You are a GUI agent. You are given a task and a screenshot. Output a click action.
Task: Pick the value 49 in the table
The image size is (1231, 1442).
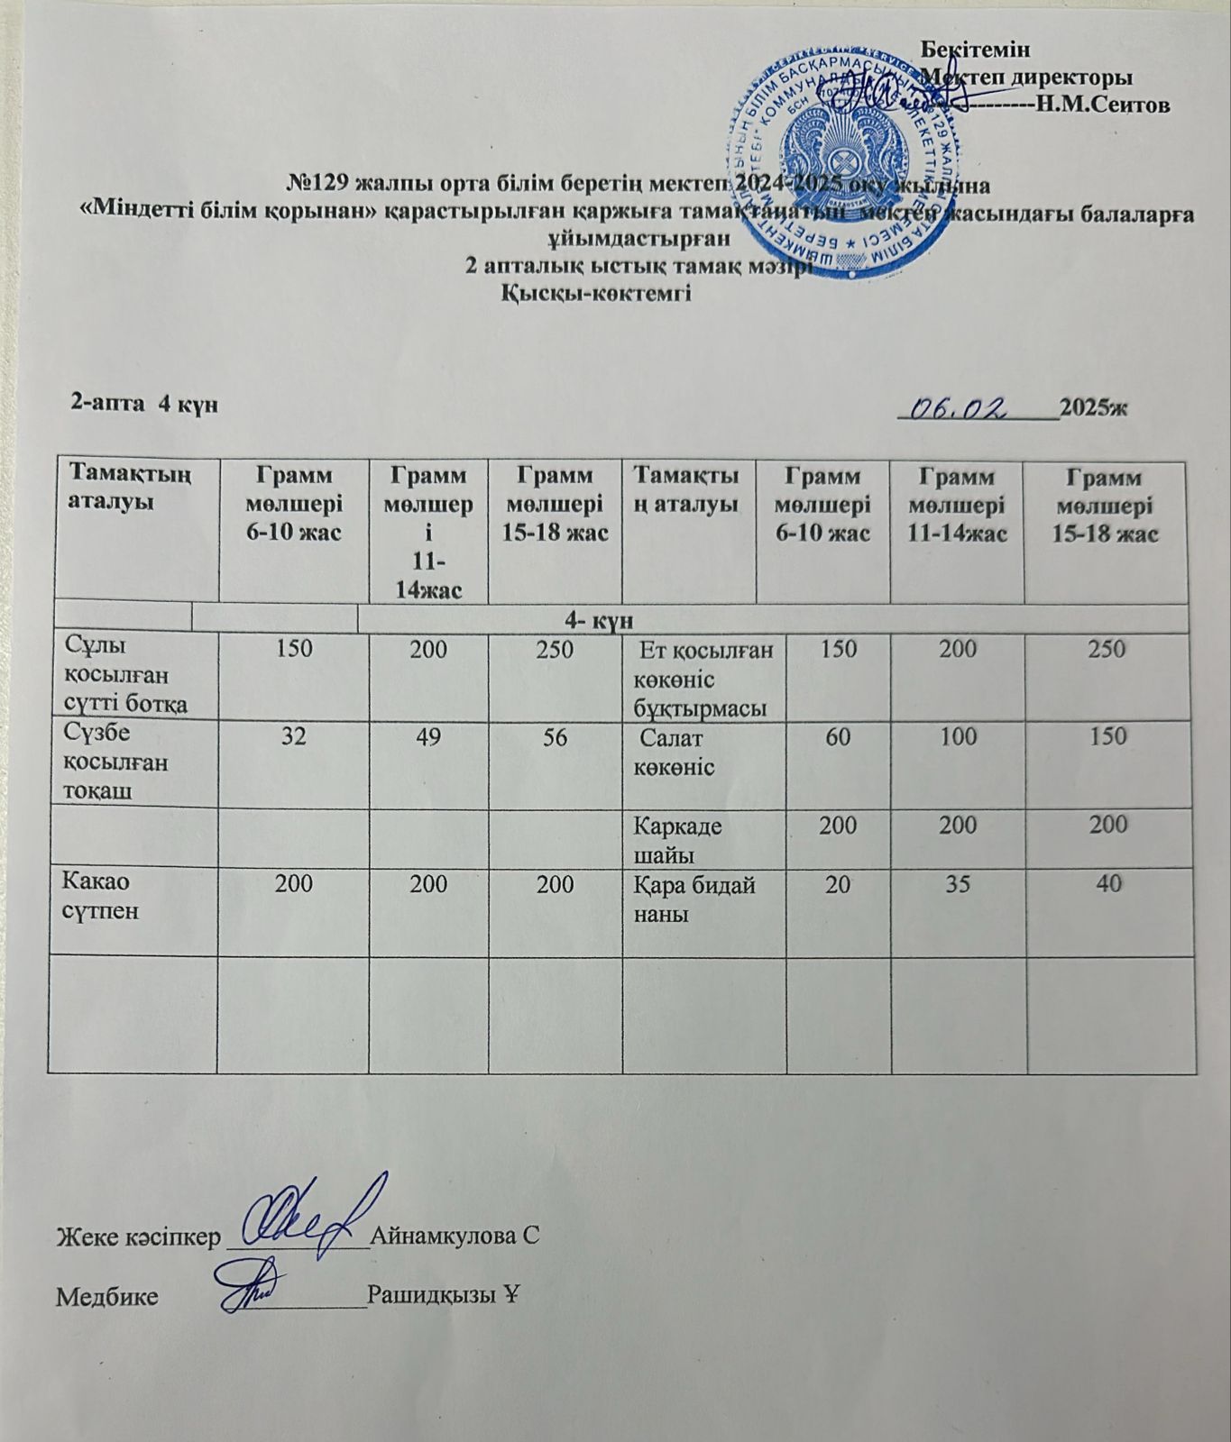428,736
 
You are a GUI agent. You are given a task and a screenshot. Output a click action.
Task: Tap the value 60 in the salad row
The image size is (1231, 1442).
839,736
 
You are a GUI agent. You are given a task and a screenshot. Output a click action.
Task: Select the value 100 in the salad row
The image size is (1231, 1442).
957,736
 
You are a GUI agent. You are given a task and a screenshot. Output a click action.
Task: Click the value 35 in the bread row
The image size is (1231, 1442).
957,885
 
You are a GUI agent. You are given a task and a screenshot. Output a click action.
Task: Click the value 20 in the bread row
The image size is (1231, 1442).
839,885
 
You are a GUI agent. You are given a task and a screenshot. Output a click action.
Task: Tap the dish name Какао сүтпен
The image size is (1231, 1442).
100,898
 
